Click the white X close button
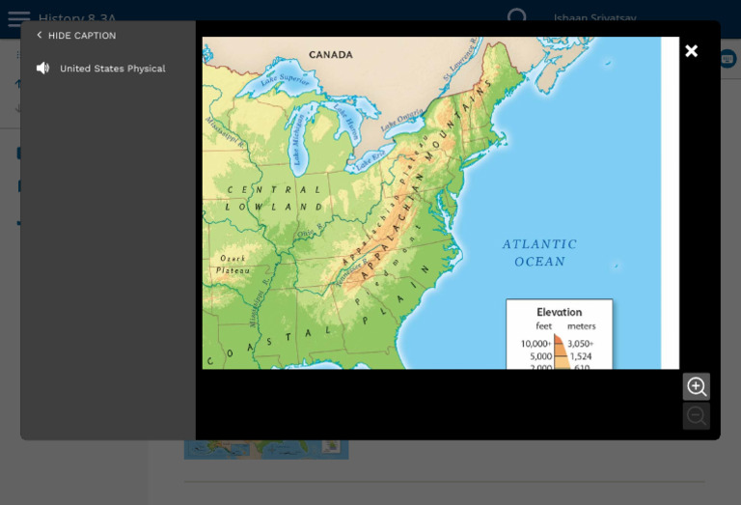pos(691,51)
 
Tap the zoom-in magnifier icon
pos(696,387)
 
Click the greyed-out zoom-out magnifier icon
pos(696,416)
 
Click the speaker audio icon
pos(42,69)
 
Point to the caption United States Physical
pos(112,69)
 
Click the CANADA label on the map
pos(332,55)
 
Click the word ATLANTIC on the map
pos(539,244)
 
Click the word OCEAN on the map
pos(539,262)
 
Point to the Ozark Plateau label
pos(233,265)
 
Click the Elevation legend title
pos(559,312)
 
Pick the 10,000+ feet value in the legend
pos(535,344)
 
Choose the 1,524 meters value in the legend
pos(580,356)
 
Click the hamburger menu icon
pos(18,18)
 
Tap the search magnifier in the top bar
pos(518,17)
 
